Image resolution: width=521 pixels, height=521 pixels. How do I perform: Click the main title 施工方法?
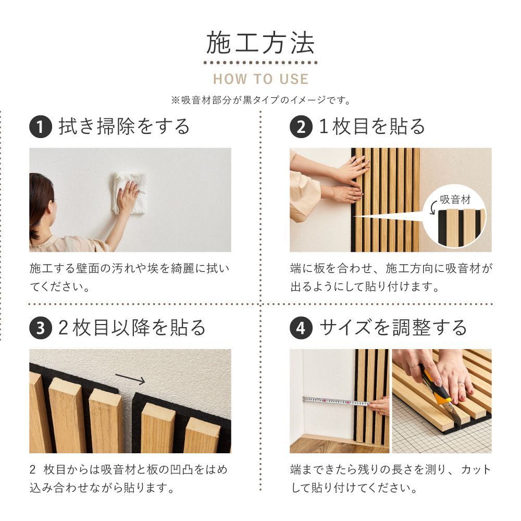[x=260, y=44]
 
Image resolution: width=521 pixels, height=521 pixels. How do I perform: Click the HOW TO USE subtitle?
[x=260, y=79]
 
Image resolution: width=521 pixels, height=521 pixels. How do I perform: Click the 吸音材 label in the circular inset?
[x=455, y=200]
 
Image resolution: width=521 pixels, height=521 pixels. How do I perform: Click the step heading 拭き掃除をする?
[x=124, y=127]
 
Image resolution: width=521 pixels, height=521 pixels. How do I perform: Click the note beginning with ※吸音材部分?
[x=260, y=100]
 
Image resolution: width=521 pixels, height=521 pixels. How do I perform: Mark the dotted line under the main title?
[x=260, y=63]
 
